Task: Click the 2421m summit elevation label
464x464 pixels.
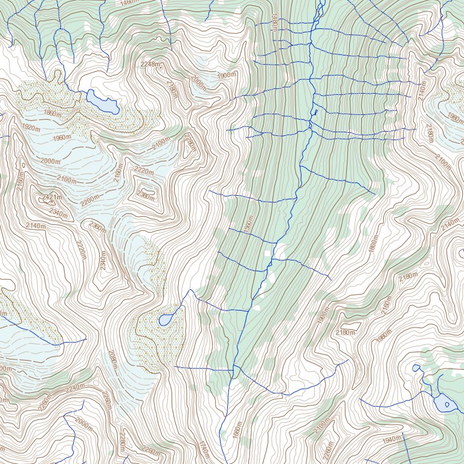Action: pos(53,198)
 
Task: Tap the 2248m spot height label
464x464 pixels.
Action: pos(152,64)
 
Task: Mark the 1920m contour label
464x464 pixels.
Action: pos(31,127)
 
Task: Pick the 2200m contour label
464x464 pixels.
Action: pos(90,200)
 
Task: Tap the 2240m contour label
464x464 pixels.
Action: pos(76,387)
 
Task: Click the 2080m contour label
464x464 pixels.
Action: pos(111,360)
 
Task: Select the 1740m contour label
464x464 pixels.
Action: pos(204,449)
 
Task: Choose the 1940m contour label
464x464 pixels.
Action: pos(392,439)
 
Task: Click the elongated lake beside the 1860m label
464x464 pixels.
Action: pos(102,101)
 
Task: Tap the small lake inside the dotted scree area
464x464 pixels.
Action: pos(164,320)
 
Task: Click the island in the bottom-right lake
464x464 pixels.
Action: pos(446,404)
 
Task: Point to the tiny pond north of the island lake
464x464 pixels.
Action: pos(416,367)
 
